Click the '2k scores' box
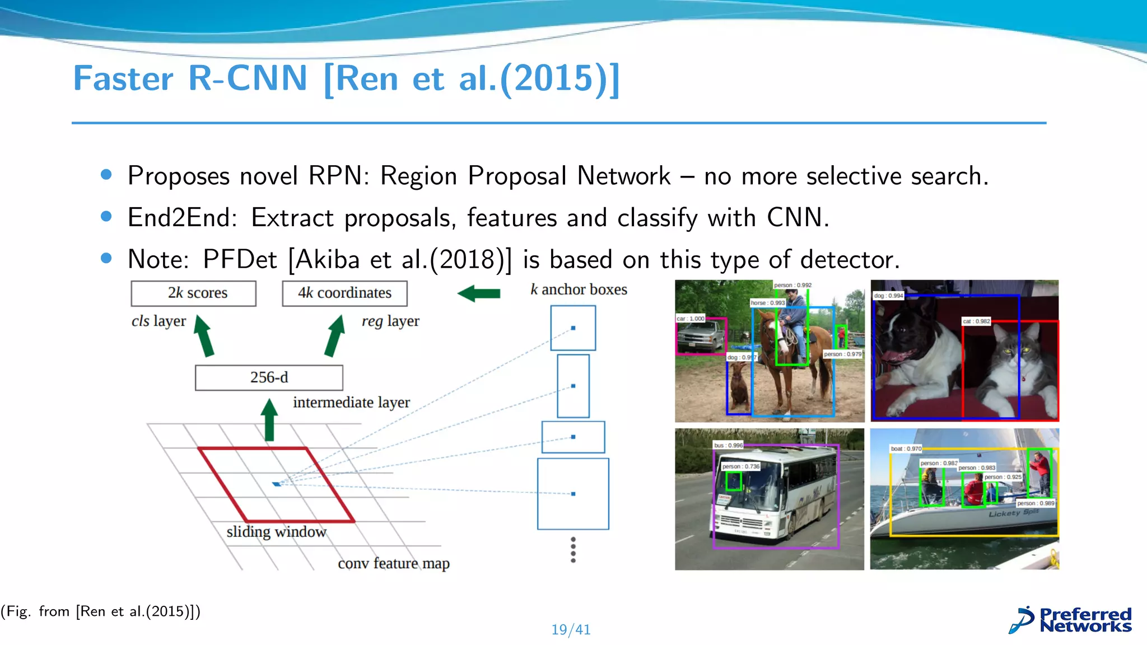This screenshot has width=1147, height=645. (193, 293)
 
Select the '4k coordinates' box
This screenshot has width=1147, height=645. (344, 293)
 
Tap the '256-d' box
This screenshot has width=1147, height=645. (269, 378)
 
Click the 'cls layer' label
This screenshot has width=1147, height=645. (158, 321)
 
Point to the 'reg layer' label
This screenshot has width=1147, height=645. (390, 321)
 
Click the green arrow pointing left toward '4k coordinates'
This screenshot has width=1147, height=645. (479, 293)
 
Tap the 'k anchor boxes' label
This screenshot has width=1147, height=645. (579, 289)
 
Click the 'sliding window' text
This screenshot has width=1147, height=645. (276, 532)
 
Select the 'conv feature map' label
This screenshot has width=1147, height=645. (393, 563)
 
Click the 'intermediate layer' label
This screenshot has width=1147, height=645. (351, 403)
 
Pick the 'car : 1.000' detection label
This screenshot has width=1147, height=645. (691, 319)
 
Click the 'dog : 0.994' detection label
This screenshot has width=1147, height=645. (889, 296)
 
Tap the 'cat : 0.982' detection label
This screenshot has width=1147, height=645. (976, 321)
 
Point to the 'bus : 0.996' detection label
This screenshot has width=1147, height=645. (728, 446)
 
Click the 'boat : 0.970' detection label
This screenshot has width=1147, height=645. (906, 449)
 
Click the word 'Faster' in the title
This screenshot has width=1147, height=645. (123, 78)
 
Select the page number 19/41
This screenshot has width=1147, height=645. (571, 630)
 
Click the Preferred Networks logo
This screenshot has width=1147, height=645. (1070, 620)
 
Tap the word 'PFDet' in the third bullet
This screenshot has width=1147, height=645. (240, 260)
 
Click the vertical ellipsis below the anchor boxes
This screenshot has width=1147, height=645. (573, 550)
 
